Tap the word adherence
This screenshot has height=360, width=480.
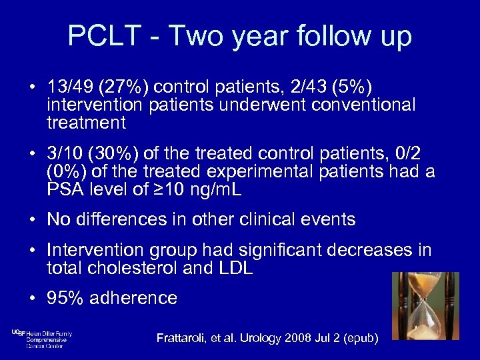coord(135,298)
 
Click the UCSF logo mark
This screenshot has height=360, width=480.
coord(18,333)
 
